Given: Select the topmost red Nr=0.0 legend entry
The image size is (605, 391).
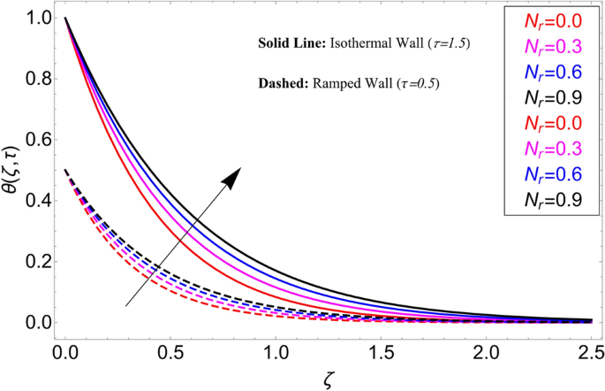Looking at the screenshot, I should point(553,20).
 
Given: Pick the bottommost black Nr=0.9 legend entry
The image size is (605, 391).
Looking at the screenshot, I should point(553,200).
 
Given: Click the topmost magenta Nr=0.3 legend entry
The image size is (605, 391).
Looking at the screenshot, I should point(553,46).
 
